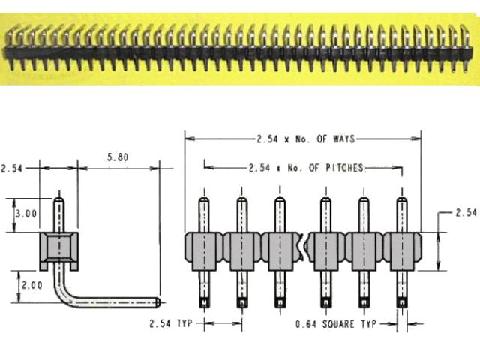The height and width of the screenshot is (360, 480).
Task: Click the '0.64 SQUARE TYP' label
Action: pos(334,324)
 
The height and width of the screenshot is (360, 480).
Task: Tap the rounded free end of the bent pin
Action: pos(157,302)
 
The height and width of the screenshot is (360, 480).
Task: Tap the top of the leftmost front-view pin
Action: pos(203,201)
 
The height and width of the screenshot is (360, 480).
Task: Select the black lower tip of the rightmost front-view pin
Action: pos(402,303)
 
